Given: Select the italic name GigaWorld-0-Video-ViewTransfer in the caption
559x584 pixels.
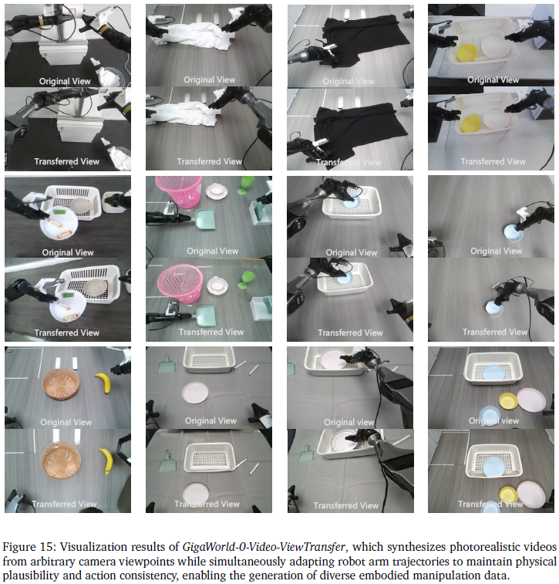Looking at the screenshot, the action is (264, 547).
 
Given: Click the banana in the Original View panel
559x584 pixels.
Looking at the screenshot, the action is (103, 383).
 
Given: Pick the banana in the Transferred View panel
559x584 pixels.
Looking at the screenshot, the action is (106, 461).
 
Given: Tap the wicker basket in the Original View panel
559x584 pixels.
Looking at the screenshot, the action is (61, 383).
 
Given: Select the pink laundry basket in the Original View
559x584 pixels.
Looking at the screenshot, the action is (179, 191).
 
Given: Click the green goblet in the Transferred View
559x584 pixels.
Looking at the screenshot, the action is (247, 280).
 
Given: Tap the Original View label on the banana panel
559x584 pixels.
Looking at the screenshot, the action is (66, 422).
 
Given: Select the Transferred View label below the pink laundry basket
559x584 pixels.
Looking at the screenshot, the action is (211, 332).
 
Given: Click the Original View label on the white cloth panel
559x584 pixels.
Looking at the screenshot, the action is (210, 79).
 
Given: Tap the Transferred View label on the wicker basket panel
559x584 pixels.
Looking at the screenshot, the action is (65, 504).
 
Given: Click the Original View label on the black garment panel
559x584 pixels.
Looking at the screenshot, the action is (349, 81).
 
